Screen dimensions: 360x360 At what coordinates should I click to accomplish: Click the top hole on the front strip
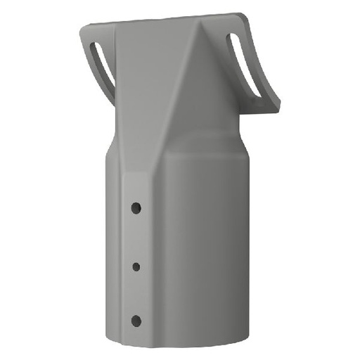point(136,208)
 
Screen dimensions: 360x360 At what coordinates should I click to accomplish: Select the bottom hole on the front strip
point(136,321)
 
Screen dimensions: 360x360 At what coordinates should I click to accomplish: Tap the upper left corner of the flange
point(82,27)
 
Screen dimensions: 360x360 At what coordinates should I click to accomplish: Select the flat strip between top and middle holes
point(136,237)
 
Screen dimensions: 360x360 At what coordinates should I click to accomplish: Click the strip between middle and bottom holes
point(136,293)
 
